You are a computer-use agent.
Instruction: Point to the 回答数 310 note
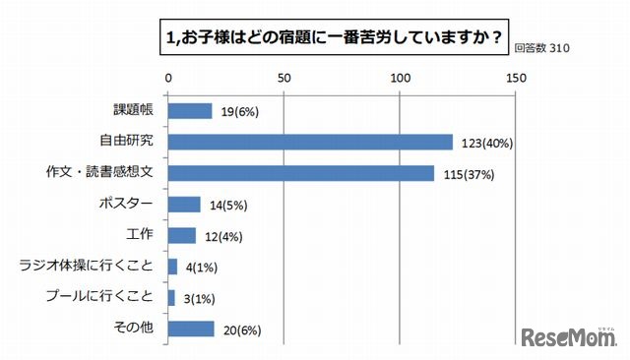pyautogui.click(x=543, y=47)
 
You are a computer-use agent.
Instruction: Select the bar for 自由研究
pyautogui.click(x=310, y=142)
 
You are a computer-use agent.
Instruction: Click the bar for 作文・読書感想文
pyautogui.click(x=301, y=173)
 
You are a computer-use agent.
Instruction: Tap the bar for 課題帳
pyautogui.click(x=190, y=111)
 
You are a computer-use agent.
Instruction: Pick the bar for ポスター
pyautogui.click(x=184, y=204)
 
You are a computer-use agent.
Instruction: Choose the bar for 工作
pyautogui.click(x=182, y=235)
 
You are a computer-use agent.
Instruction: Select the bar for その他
pyautogui.click(x=191, y=329)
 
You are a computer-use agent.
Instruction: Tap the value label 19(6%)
pyautogui.click(x=237, y=112)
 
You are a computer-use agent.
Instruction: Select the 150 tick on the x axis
pyautogui.click(x=516, y=78)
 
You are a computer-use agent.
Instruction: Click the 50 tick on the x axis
pyautogui.click(x=284, y=78)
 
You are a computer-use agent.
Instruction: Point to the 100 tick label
pyautogui.click(x=400, y=78)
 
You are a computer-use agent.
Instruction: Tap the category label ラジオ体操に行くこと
pyautogui.click(x=91, y=267)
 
